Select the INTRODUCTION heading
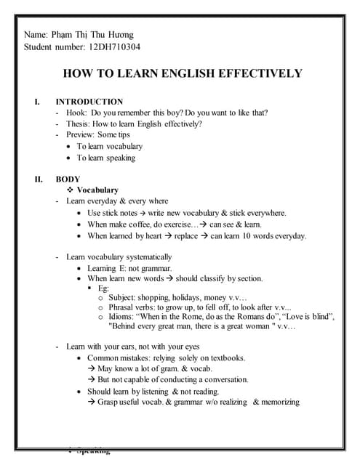pos(89,102)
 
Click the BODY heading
pos(68,179)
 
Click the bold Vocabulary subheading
pos(97,190)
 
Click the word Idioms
pos(121,317)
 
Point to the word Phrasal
pos(122,307)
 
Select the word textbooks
pos(224,358)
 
